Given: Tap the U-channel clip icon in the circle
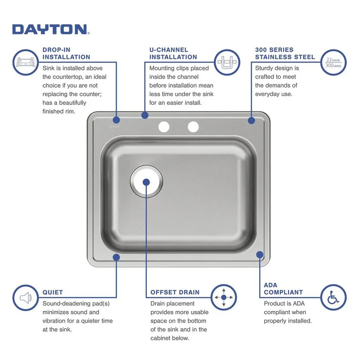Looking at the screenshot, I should pyautogui.click(x=227, y=62).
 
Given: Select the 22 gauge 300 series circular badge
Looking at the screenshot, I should pyautogui.click(x=333, y=62).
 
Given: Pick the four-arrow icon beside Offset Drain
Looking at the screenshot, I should pyautogui.click(x=224, y=298).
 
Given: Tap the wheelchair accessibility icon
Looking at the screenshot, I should pyautogui.click(x=333, y=298).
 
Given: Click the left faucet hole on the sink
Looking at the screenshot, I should pyautogui.click(x=164, y=127).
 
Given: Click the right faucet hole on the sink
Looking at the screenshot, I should pyautogui.click(x=193, y=127).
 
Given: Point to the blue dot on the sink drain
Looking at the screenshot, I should pyautogui.click(x=146, y=182).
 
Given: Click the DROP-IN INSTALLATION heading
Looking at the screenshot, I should pyautogui.click(x=66, y=53).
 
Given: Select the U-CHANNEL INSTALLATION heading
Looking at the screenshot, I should pyautogui.click(x=173, y=53).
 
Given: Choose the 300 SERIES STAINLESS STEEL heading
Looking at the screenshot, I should pyautogui.click(x=285, y=53).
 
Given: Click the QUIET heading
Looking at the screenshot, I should pyautogui.click(x=53, y=292).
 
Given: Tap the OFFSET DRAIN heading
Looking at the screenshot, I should pyautogui.click(x=175, y=292).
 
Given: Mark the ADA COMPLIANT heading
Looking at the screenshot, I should pyautogui.click(x=283, y=288).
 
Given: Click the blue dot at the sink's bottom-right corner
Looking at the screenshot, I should pyautogui.click(x=260, y=255).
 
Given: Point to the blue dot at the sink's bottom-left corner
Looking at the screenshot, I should pyautogui.click(x=116, y=257).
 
